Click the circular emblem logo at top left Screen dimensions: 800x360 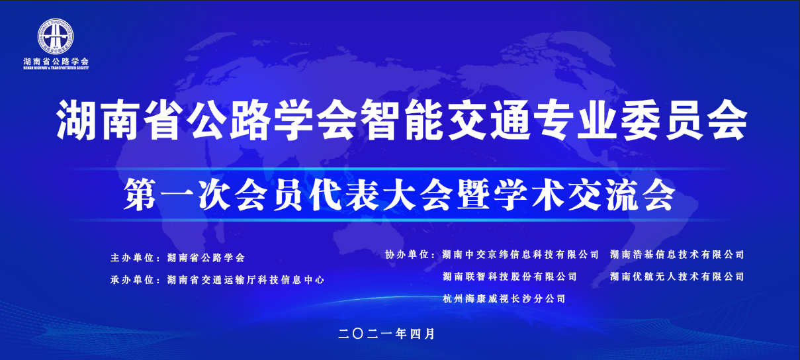pos(56,36)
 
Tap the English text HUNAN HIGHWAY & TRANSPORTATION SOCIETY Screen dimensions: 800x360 pos(56,68)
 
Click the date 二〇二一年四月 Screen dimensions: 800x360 pos(386,334)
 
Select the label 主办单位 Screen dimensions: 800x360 pos(132,257)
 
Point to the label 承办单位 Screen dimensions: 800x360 pos(132,280)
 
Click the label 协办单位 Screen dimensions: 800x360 pos(407,255)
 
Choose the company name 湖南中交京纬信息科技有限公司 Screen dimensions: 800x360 pos(520,255)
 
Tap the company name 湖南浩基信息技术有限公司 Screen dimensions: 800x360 pos(677,255)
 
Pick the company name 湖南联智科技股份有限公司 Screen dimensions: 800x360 pos(510,277)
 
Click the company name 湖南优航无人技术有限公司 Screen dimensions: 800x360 pos(677,277)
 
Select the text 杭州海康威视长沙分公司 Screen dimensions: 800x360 pos(504,298)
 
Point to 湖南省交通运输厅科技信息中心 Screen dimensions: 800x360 pos(245,280)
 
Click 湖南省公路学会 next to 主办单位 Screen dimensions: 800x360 pos(206,257)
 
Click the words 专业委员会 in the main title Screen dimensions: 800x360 pos(641,120)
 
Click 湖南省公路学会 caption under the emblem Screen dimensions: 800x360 pos(56,61)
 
